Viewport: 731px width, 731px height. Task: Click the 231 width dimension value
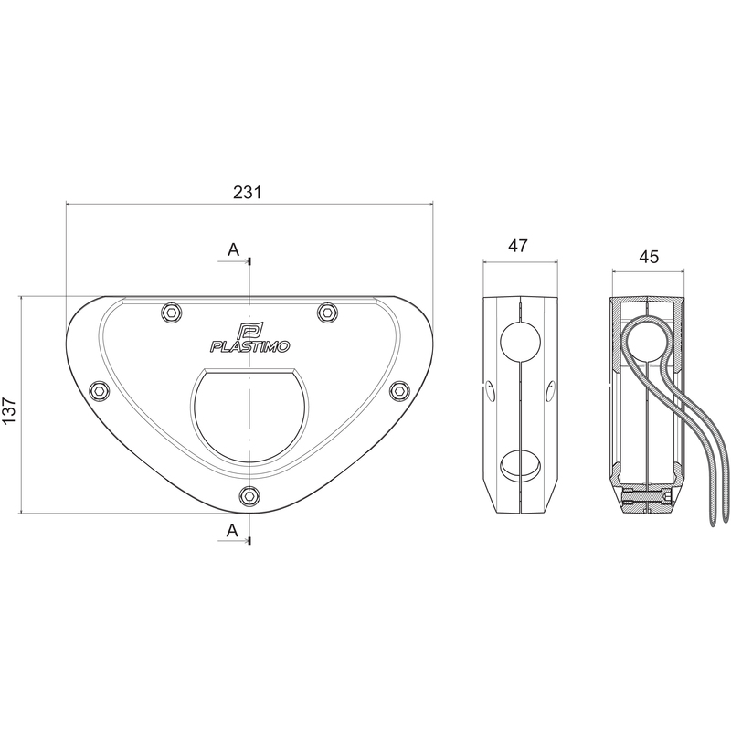coord(247,192)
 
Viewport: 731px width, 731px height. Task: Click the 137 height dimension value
coord(9,410)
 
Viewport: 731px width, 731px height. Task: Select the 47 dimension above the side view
coord(518,246)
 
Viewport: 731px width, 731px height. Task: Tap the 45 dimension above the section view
coord(649,257)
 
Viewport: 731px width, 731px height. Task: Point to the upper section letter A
coord(233,249)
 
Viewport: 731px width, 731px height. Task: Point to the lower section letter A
coord(232,530)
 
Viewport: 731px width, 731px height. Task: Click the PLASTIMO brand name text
coord(249,346)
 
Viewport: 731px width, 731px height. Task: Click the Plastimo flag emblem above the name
coord(249,331)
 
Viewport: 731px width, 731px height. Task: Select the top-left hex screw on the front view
coord(171,313)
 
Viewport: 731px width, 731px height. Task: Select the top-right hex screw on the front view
coord(327,313)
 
